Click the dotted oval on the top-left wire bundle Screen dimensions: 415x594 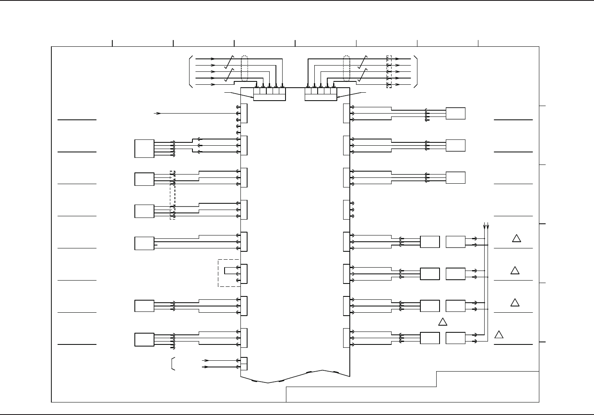pos(245,68)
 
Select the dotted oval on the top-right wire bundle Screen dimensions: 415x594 pos(346,68)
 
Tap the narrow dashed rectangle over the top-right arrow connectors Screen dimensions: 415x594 pos(389,72)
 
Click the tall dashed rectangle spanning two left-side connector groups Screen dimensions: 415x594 pos(172,195)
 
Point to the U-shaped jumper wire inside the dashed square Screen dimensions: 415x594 pos(228,271)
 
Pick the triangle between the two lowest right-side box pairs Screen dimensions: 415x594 pos(443,322)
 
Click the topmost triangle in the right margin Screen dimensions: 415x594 pos(516,238)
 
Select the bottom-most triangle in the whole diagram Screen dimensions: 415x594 pos(499,334)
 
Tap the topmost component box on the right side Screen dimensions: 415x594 pos(455,114)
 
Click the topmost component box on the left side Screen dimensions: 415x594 pos(144,149)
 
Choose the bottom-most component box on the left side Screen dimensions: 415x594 pos(144,339)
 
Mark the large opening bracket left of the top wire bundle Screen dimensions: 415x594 pos(191,71)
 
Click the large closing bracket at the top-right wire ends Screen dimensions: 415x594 pos(415,71)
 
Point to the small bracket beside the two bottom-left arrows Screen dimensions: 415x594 pos(173,364)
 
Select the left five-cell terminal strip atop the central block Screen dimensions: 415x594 pos(269,94)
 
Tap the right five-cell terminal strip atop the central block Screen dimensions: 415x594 pos(321,94)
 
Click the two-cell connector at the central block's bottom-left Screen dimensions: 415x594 pos(244,364)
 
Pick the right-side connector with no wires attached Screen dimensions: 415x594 pos(346,210)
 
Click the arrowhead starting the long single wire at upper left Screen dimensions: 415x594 pos(158,113)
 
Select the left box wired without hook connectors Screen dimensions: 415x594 pos(144,243)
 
